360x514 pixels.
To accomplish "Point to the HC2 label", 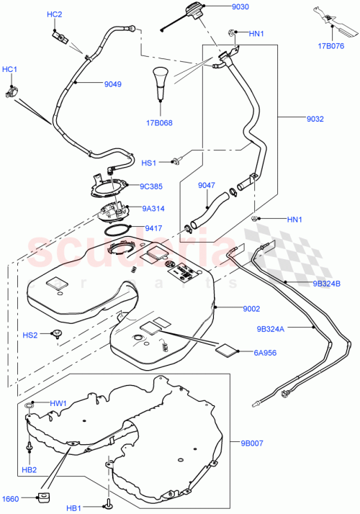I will (x=55, y=14).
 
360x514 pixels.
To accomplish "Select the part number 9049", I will (x=112, y=84).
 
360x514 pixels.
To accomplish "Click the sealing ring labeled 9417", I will (x=119, y=230).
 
